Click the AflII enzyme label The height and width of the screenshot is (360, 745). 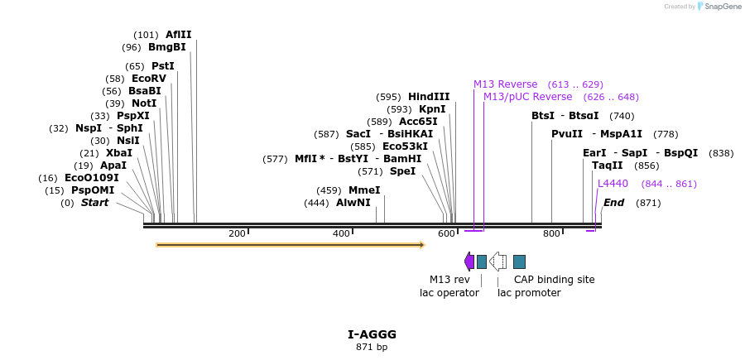point(178,35)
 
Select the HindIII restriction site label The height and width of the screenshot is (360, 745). point(429,97)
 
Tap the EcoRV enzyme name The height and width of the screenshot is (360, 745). point(149,79)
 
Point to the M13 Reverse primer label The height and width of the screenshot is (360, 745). point(505,84)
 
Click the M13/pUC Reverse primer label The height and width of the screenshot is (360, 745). point(527,97)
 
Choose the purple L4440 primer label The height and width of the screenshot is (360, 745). point(613,184)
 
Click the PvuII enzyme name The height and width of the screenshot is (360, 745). point(567,134)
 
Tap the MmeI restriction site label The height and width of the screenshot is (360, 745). point(364,190)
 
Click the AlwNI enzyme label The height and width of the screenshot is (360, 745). point(353,203)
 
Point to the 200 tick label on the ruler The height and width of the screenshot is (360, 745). point(237,234)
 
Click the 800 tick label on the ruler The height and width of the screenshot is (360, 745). point(551,234)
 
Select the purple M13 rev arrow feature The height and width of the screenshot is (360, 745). point(469,262)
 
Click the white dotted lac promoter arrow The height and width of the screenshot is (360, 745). point(498,262)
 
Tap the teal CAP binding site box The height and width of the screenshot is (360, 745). point(519,262)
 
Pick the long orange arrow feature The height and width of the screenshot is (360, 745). point(290,245)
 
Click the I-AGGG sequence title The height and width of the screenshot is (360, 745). point(372,334)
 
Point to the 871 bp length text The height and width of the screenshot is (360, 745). point(372,348)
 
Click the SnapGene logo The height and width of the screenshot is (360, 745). point(719,7)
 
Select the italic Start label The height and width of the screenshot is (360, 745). point(94,203)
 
